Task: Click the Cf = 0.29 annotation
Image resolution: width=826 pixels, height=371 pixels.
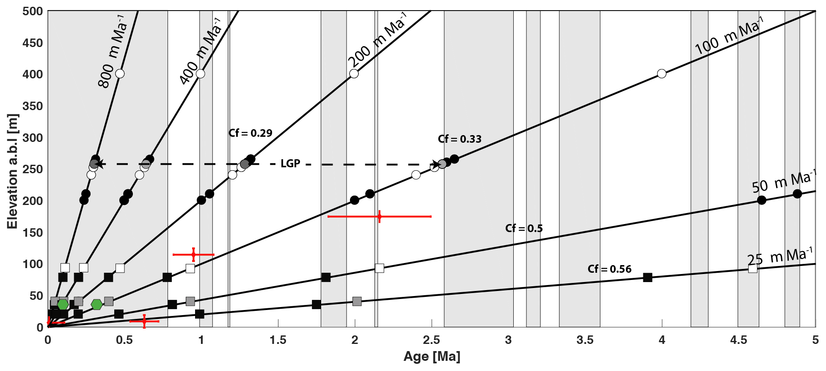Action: click(250, 133)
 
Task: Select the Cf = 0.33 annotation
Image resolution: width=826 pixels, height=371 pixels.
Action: click(460, 139)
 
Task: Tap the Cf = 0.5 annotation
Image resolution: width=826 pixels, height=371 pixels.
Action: click(524, 228)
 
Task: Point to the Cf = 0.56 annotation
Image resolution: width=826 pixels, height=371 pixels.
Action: click(609, 269)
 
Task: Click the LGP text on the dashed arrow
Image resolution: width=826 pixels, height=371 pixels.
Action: click(290, 163)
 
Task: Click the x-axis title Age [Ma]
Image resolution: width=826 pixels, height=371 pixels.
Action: click(432, 357)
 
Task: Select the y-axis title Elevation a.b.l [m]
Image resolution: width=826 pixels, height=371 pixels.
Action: click(13, 171)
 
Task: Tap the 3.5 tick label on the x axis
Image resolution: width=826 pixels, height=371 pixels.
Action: click(585, 341)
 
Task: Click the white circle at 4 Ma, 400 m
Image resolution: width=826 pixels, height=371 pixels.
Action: click(662, 74)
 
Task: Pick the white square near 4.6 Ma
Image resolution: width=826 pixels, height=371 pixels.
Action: click(753, 269)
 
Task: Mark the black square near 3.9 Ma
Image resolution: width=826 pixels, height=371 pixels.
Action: click(647, 277)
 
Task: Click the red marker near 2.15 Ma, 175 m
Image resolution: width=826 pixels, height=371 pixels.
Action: click(379, 216)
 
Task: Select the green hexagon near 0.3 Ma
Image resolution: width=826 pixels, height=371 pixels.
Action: click(96, 304)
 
